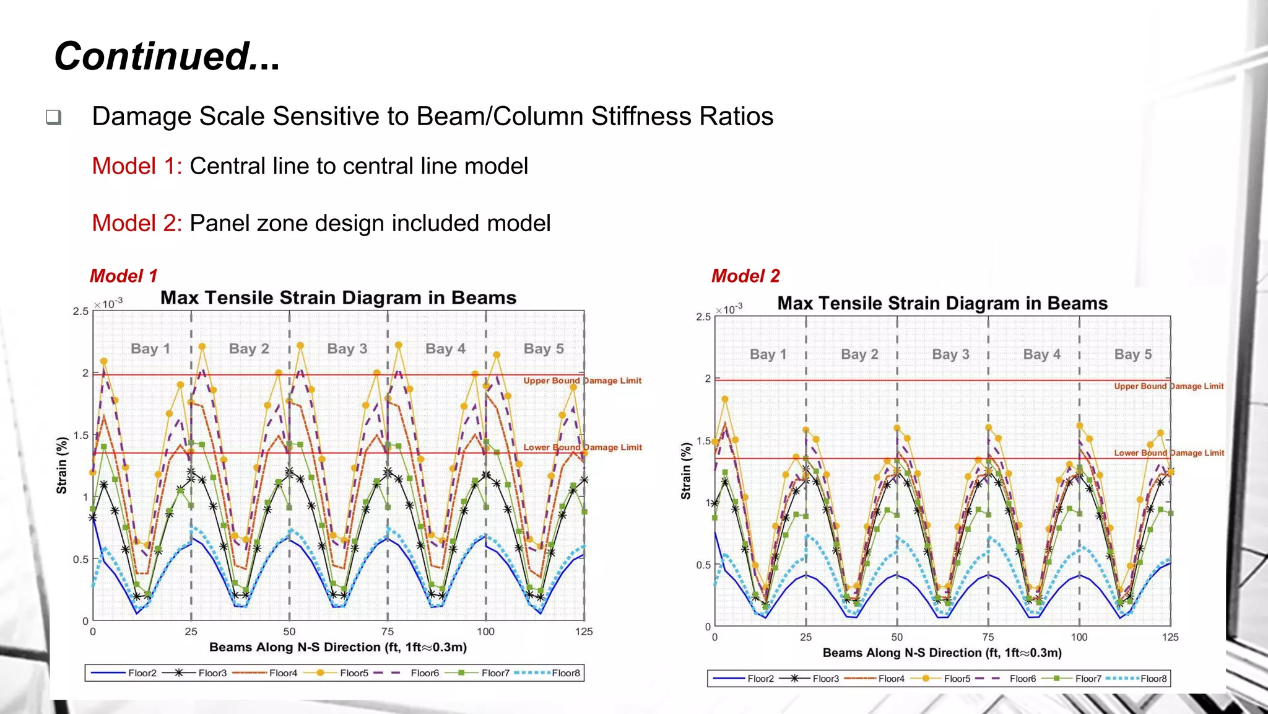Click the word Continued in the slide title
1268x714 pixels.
[x=152, y=56]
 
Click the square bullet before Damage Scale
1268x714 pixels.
[x=54, y=117]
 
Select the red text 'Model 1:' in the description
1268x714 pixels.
[x=137, y=166]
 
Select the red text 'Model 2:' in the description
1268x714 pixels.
[x=137, y=223]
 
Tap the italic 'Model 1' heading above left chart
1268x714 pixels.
[x=123, y=276]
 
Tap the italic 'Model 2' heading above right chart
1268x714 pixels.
[x=745, y=276]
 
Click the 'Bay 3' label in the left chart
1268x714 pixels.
[x=347, y=349]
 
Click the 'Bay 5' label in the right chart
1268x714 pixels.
[x=1132, y=355]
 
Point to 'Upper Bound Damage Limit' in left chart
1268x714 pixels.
[x=582, y=381]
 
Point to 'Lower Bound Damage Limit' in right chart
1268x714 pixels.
[x=1168, y=453]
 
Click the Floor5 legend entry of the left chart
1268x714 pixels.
[x=354, y=673]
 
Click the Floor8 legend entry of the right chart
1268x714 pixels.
[x=1153, y=679]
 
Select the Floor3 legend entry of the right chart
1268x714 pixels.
[x=825, y=679]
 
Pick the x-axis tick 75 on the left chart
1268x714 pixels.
[x=388, y=632]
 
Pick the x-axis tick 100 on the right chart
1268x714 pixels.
[x=1079, y=637]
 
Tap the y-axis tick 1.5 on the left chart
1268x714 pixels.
[x=81, y=435]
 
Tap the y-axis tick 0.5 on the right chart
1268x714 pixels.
[x=703, y=565]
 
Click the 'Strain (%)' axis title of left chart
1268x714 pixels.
[x=62, y=465]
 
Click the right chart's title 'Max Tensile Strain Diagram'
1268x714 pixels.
[x=942, y=304]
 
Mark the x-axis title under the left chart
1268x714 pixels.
[x=337, y=648]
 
